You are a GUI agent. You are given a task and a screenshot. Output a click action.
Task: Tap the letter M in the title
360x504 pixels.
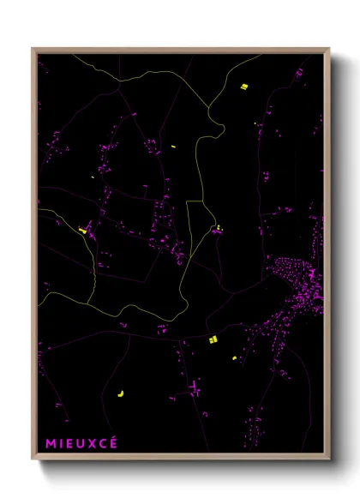coord(51,443)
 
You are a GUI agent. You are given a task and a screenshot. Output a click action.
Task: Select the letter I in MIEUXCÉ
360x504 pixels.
coord(61,443)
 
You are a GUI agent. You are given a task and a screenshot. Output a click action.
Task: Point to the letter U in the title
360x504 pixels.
coord(81,443)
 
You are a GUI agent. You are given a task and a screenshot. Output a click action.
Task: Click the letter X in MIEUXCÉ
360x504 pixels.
coord(92,443)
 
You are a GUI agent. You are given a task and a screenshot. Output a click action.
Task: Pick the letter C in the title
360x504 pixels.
coord(103,443)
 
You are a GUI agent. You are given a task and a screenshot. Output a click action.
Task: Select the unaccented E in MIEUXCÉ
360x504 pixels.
coord(69,443)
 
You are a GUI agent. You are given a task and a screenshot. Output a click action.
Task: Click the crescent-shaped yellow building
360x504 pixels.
coord(120,393)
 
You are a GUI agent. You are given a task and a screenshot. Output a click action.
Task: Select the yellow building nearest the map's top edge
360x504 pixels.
coord(244,86)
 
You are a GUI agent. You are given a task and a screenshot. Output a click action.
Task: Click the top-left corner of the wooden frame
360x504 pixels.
coord(32,48)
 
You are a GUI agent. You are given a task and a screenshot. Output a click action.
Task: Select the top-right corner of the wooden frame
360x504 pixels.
coord(329,48)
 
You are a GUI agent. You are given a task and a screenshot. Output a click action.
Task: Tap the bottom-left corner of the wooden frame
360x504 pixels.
coord(32,460)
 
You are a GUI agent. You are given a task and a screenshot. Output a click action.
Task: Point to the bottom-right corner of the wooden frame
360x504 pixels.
coord(329,460)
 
